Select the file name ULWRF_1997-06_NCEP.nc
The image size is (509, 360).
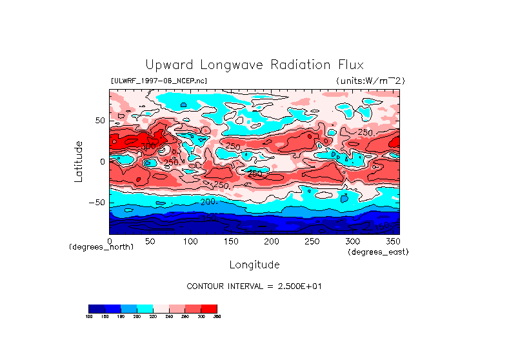(x=159, y=81)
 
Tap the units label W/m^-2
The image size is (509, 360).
(x=370, y=81)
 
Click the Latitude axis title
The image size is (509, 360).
(x=78, y=161)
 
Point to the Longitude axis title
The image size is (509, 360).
(x=254, y=265)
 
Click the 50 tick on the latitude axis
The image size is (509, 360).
(x=100, y=121)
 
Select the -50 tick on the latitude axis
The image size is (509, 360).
(x=97, y=203)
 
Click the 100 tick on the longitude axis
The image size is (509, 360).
(x=190, y=241)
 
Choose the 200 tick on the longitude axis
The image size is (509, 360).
(x=271, y=241)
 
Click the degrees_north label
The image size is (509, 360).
(x=101, y=247)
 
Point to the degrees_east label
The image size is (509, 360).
(x=378, y=252)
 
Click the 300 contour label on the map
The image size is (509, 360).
(x=148, y=146)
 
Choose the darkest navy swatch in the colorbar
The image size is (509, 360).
(x=96, y=308)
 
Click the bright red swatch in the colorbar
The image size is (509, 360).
(x=209, y=308)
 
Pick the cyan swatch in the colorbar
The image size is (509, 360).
(x=145, y=308)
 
